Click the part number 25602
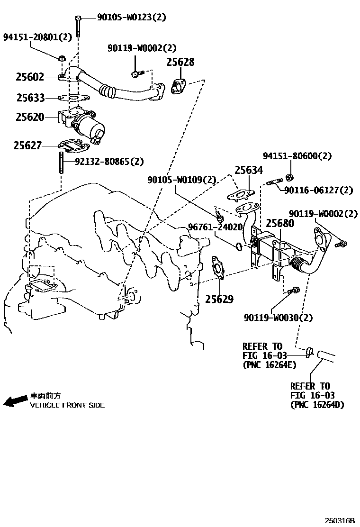click(30, 77)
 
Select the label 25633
click(30, 98)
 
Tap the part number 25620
click(30, 117)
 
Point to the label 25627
click(27, 146)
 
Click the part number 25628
click(180, 63)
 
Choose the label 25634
click(249, 171)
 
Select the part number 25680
click(279, 223)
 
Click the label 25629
click(219, 299)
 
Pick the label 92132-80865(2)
click(109, 162)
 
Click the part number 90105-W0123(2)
click(132, 18)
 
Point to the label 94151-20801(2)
click(37, 36)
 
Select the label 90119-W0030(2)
click(278, 318)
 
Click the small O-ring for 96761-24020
click(239, 246)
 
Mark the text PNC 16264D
click(317, 404)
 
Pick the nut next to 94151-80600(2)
click(290, 178)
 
